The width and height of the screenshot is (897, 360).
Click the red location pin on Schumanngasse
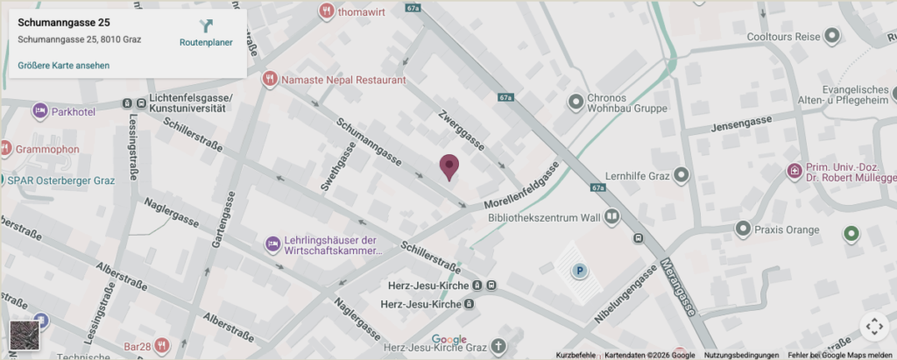(x=449, y=166)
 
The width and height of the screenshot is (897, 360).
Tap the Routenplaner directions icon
(x=206, y=26)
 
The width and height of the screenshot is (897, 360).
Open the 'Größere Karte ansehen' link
(x=63, y=65)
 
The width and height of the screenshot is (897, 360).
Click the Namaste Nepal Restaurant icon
(x=270, y=80)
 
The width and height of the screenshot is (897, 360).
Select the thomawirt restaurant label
(x=364, y=11)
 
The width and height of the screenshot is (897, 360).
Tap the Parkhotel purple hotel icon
(x=39, y=111)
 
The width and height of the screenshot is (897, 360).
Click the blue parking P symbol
(x=578, y=272)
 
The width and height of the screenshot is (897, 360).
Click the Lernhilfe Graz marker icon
(x=682, y=176)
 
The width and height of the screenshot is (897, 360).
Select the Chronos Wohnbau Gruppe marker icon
(x=576, y=102)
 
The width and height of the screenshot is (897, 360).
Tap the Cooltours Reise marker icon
(x=832, y=37)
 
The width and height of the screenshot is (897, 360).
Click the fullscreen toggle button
(x=873, y=327)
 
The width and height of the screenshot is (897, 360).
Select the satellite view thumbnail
(x=24, y=335)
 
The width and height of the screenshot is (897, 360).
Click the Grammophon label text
(x=47, y=149)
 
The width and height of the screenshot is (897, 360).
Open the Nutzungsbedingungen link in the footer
(x=741, y=355)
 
